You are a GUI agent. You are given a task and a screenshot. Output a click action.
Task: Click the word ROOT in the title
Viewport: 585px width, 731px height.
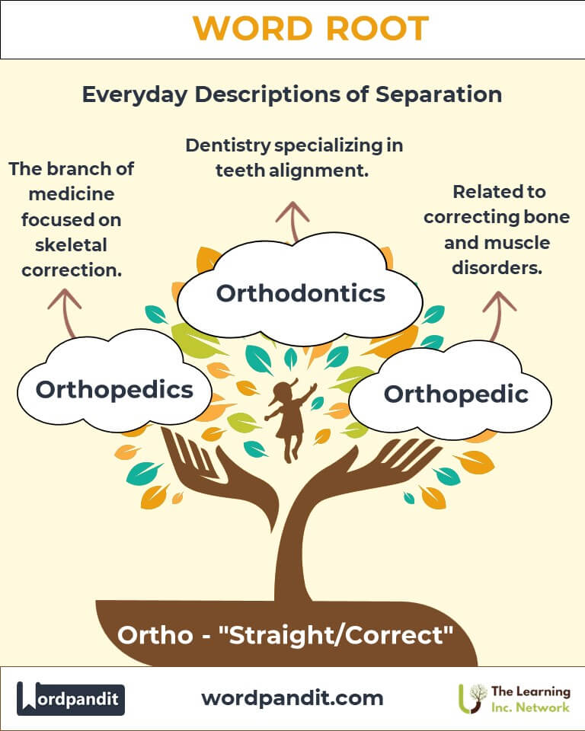point(377,29)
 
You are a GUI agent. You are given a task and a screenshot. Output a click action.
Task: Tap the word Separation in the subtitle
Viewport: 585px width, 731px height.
point(439,94)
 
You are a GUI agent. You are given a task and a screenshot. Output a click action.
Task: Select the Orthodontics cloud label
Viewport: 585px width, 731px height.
point(301,293)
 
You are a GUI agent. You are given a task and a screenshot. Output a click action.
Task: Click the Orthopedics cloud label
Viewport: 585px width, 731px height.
point(114,390)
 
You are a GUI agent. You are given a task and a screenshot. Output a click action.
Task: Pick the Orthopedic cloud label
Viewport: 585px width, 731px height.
point(456,394)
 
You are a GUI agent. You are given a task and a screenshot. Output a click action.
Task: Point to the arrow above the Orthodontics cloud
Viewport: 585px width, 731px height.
point(293,222)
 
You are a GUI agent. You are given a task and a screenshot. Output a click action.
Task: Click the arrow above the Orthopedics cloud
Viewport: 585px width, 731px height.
point(66,312)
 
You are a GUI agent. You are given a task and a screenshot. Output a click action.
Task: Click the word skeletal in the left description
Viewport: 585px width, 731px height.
point(71,244)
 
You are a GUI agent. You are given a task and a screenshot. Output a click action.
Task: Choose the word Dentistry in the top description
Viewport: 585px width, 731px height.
point(228,145)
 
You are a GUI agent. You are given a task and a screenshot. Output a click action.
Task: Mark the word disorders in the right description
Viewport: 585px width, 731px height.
point(497,267)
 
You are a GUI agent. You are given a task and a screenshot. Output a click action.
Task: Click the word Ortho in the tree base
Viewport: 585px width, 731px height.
point(155,635)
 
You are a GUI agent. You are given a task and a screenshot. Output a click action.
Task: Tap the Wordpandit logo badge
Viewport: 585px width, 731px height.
point(71,698)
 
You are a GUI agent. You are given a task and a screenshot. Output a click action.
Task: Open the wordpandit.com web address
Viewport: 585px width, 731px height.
point(292,698)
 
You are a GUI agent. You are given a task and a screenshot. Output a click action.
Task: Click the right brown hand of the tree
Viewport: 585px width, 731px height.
point(369,471)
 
